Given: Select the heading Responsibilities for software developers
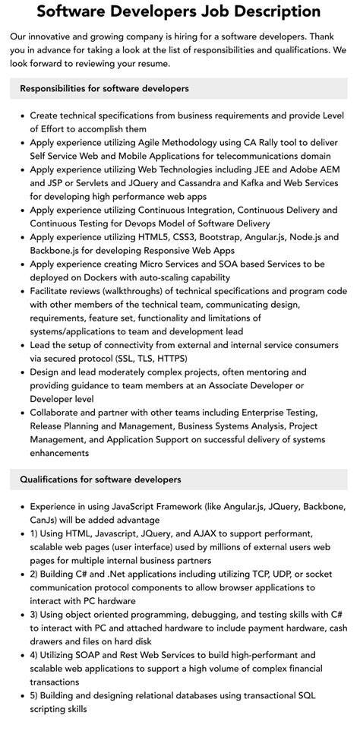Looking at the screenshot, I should coord(105,89).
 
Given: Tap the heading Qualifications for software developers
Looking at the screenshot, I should coord(101,479).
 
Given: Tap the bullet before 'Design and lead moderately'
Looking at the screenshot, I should coord(21,372).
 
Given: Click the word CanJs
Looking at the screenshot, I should coord(45,520).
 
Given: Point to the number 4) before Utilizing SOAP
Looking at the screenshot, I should coord(35,655).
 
